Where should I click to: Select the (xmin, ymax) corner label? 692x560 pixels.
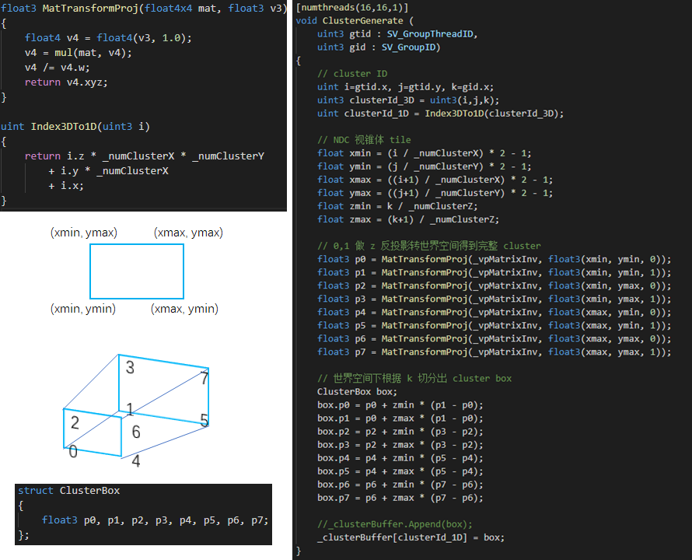[83, 233]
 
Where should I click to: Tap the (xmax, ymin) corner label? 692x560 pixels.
[184, 309]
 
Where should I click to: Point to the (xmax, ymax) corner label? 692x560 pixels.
[188, 233]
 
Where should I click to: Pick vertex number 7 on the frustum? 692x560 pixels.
[204, 379]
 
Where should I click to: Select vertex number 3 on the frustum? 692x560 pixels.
[130, 367]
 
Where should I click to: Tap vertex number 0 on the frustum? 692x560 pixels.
[72, 452]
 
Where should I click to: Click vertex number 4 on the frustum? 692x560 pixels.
[135, 460]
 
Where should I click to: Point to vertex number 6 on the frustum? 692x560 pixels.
[135, 432]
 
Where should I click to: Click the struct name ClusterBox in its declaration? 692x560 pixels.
[89, 491]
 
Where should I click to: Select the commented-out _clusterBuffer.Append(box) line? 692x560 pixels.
[395, 523]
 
